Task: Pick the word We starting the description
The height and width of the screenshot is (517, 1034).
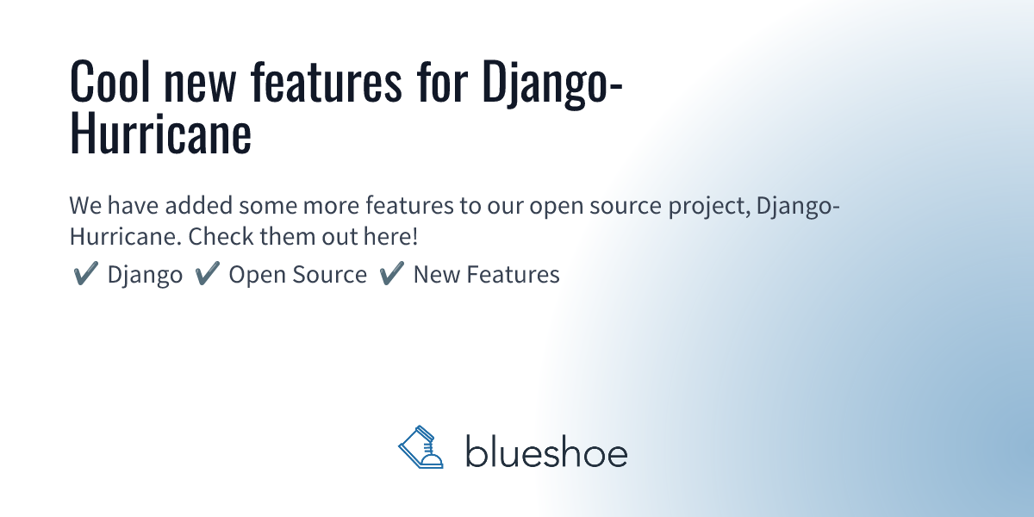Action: pos(84,208)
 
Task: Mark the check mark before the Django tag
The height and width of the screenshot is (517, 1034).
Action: pos(84,274)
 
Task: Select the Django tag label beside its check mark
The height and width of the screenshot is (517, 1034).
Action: pos(145,276)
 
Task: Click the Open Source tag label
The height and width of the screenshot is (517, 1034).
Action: pos(297,275)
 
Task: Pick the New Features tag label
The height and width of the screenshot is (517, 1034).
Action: pos(486,275)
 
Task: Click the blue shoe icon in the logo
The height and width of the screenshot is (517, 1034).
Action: pos(420,449)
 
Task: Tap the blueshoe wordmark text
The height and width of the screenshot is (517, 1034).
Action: pos(546,452)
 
